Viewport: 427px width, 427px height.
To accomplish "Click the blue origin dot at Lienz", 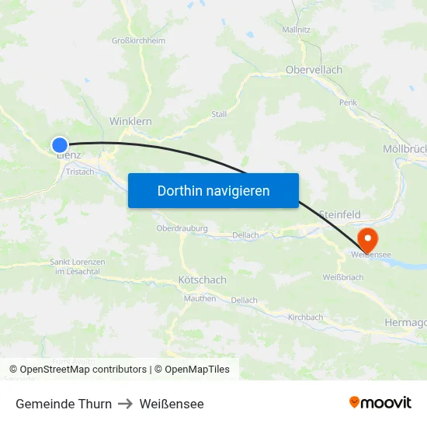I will [60, 144].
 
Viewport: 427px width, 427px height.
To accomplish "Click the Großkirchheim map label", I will [138, 40].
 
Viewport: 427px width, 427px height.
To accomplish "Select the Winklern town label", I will [130, 121].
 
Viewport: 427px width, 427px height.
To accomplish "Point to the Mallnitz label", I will [297, 30].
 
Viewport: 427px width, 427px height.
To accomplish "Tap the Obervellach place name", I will [314, 70].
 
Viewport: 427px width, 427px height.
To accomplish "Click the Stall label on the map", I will [219, 114].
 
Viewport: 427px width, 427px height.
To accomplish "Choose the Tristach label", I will [80, 172].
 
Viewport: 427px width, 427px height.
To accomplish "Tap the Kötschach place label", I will [202, 279].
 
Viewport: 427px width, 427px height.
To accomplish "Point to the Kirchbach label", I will [305, 318].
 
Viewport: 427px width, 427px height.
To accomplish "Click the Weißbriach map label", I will [342, 277].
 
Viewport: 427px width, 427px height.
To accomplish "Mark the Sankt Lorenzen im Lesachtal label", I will [78, 266].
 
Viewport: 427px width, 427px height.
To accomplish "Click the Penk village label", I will [348, 102].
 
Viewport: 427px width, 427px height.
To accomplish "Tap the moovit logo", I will [380, 403].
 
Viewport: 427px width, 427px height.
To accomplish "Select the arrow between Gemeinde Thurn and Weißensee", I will [126, 404].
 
